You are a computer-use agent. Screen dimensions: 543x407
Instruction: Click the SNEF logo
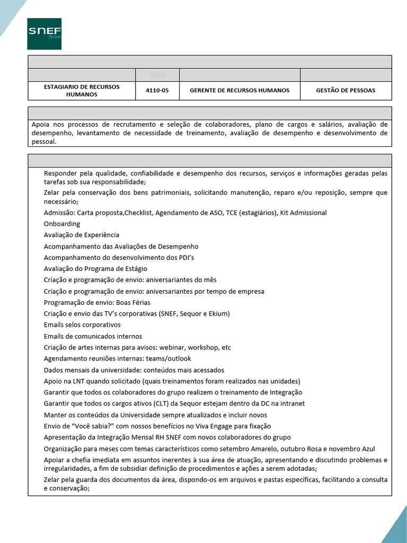point(45,34)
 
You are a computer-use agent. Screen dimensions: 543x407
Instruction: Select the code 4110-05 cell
point(157,91)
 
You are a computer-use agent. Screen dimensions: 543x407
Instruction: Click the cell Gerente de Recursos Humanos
point(240,91)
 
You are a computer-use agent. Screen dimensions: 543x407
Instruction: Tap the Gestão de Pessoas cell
point(346,91)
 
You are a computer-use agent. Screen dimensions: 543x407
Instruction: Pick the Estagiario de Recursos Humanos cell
point(82,91)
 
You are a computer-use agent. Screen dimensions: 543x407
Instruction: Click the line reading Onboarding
point(62,224)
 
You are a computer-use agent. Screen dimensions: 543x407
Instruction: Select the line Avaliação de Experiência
point(82,235)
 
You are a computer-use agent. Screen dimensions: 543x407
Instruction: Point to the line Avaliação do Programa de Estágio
point(95,269)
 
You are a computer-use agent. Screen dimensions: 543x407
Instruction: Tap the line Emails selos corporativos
point(82,325)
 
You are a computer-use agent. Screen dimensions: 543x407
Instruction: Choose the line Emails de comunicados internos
point(93,336)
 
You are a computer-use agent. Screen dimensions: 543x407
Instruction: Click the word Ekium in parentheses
point(218,314)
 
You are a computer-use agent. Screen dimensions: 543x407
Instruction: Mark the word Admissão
point(59,213)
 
